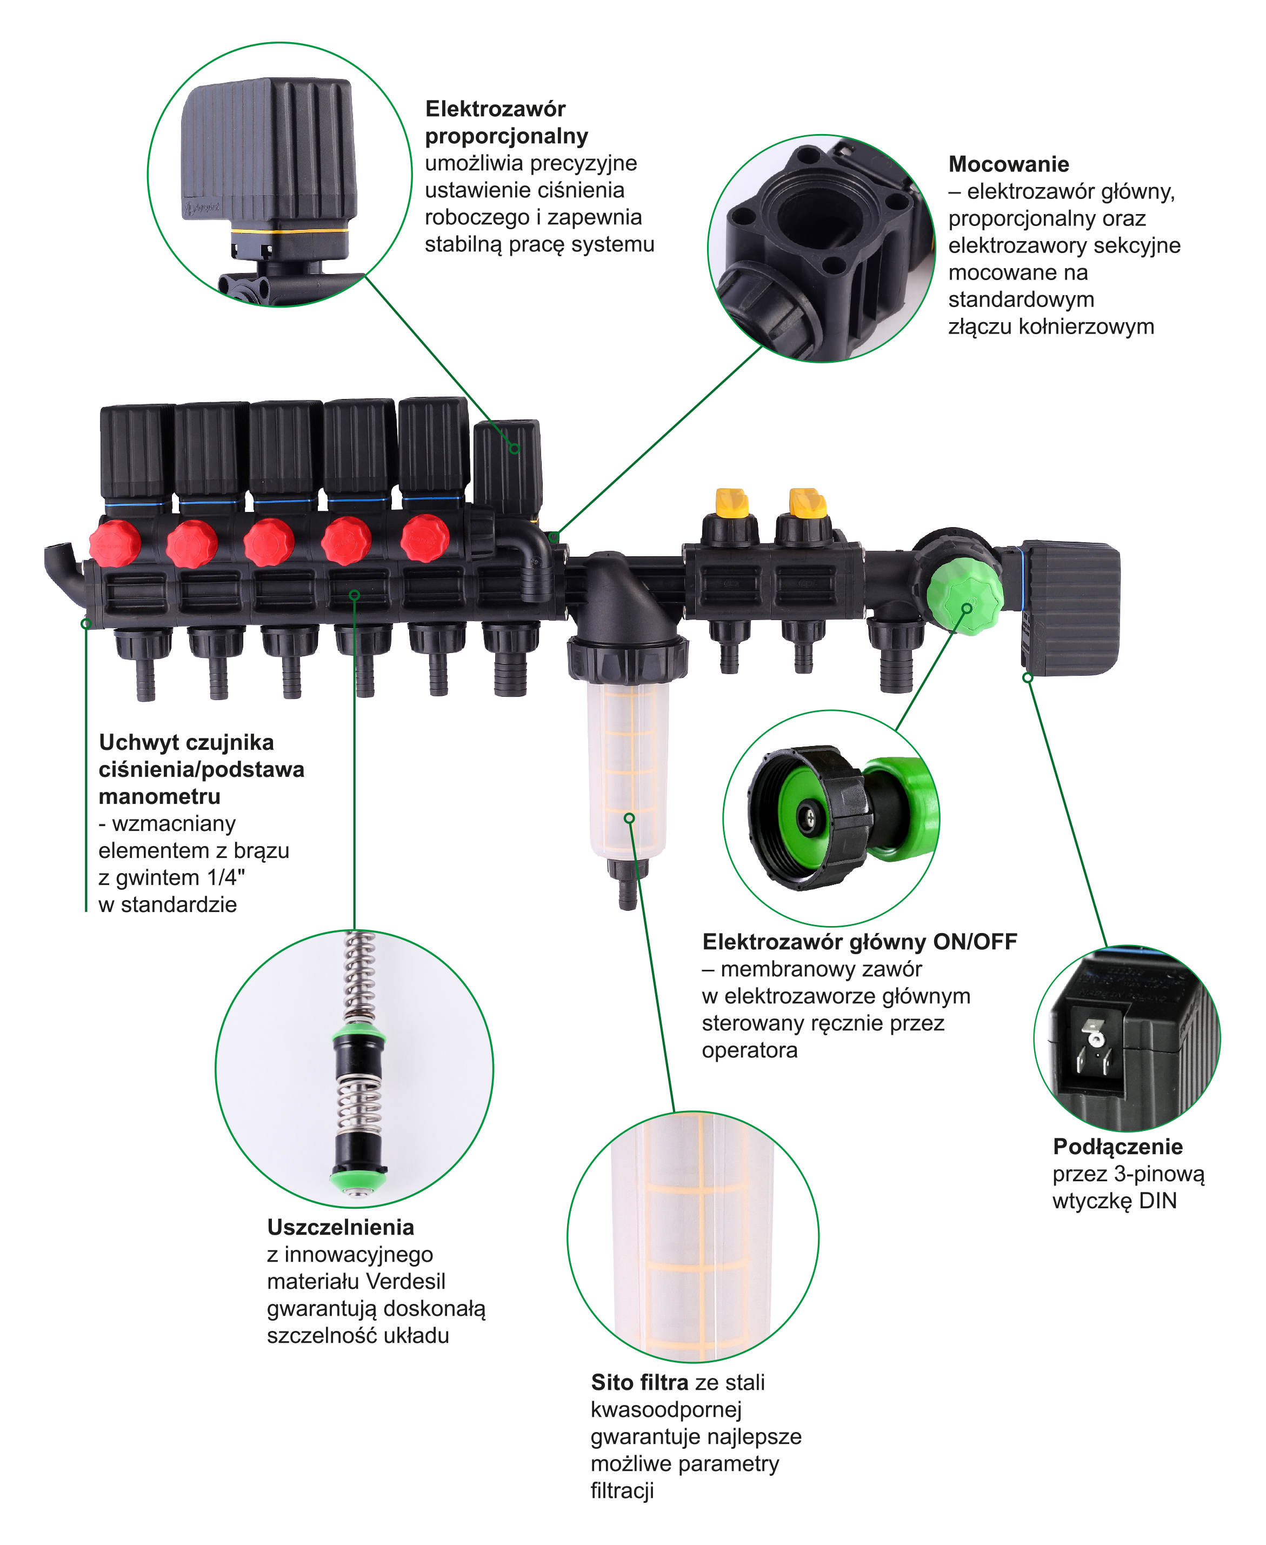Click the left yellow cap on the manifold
731,502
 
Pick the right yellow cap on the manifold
807,502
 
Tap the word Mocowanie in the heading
1009,164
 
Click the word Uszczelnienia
341,1227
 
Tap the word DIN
1158,1200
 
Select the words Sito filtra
639,1382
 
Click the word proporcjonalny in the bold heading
506,136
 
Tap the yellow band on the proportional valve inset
290,230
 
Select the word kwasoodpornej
666,1409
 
